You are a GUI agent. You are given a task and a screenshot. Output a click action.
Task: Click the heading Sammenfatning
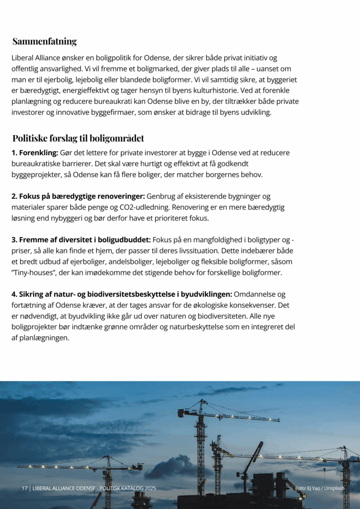44,41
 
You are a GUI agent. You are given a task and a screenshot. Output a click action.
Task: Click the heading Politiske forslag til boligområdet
78,138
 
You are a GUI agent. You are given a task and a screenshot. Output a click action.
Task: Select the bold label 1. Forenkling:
35,153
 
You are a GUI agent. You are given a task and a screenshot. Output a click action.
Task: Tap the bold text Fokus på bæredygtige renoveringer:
82,196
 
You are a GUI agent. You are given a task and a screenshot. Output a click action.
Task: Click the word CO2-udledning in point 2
194,207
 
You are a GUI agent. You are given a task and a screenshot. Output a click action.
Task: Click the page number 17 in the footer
24,489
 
